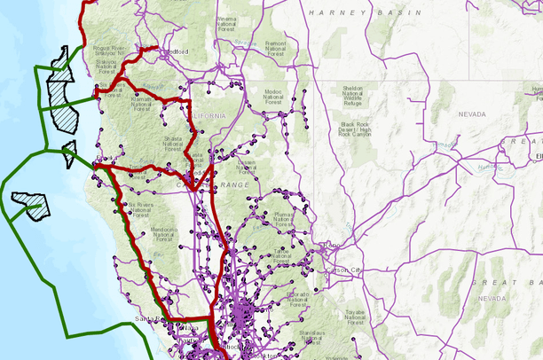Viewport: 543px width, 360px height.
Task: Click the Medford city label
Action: pyautogui.click(x=176, y=51)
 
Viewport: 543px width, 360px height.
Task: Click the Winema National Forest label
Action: pyautogui.click(x=227, y=21)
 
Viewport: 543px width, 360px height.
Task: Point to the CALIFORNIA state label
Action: pyautogui.click(x=206, y=115)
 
